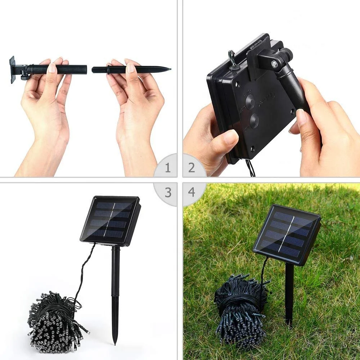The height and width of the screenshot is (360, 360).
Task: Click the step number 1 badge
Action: pyautogui.click(x=167, y=168)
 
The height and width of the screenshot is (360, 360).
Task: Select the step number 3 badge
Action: pyautogui.click(x=167, y=192)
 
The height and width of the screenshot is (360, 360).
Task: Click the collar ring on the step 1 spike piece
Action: pyautogui.click(x=108, y=69)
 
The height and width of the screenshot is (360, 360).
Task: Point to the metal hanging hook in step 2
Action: pyautogui.click(x=233, y=58)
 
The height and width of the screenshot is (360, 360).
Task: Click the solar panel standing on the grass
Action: pyautogui.click(x=287, y=234)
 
